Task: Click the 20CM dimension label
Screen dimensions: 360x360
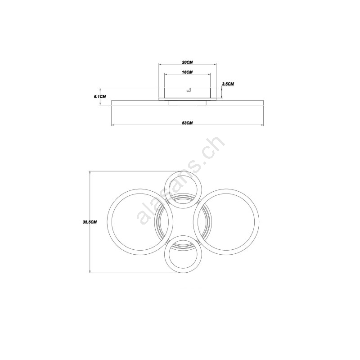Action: coord(187,62)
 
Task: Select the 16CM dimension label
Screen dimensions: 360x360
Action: coord(187,72)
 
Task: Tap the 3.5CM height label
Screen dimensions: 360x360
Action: coord(228,84)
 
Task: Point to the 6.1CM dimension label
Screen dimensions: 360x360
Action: coord(100,97)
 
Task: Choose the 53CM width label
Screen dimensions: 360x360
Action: coord(187,123)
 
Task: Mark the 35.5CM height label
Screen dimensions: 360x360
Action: coord(90,222)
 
